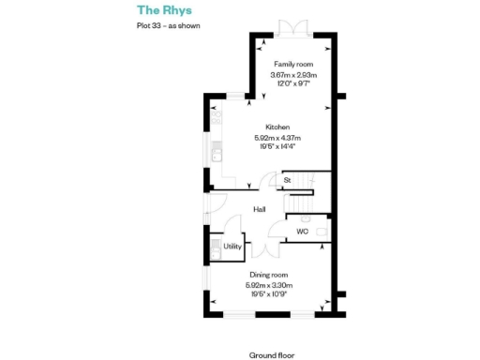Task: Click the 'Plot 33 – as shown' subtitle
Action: point(168,26)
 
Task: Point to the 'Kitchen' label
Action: point(277,127)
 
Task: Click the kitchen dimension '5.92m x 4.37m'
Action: point(277,138)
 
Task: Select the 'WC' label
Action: point(302,230)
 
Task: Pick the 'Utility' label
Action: point(232,247)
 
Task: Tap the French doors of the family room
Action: point(294,28)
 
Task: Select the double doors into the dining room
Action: point(265,248)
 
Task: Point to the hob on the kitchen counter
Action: point(217,121)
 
